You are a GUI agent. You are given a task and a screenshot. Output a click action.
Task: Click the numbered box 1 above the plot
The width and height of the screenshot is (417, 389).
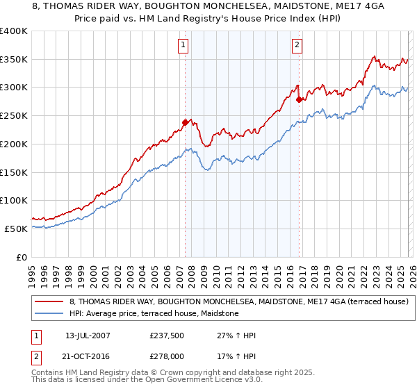[x=183, y=46]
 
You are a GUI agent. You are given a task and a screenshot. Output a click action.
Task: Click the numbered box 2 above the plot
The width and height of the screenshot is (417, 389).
[x=297, y=46]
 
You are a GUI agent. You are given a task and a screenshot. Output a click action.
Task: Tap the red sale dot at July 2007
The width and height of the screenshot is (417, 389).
[x=186, y=122]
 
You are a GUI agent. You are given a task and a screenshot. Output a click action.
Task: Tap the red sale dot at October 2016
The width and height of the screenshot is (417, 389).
[x=299, y=99]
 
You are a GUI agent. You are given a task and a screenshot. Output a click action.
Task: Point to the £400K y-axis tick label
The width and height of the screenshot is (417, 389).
[x=14, y=31]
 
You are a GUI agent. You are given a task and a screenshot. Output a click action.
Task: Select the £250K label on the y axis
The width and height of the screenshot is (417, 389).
[x=14, y=116]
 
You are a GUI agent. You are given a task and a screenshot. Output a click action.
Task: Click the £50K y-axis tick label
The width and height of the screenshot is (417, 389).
[x=17, y=229]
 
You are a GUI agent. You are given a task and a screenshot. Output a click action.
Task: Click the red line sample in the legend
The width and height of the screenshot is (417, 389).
[x=49, y=301]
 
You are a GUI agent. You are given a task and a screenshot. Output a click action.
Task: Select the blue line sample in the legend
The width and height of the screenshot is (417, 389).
[x=49, y=314]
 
